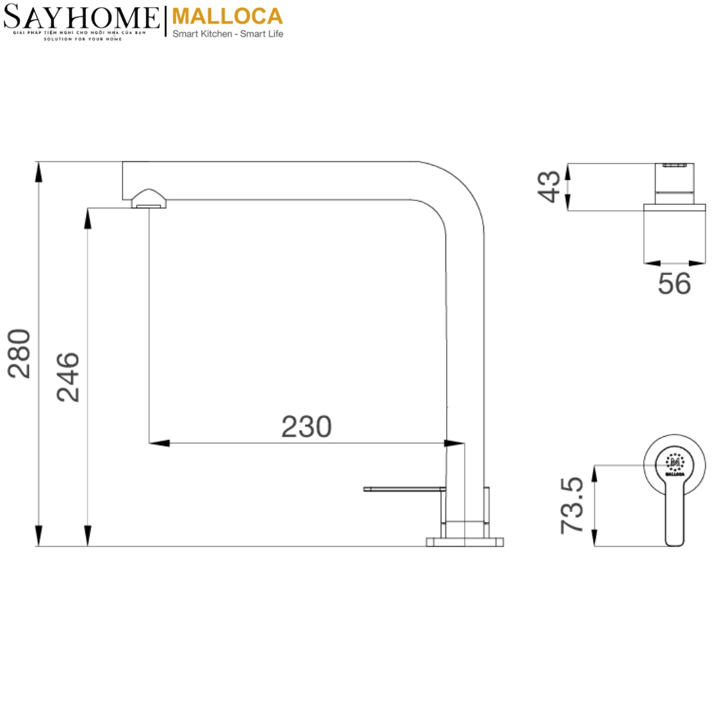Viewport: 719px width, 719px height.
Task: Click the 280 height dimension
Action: tap(20, 353)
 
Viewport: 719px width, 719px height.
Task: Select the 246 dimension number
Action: tap(69, 377)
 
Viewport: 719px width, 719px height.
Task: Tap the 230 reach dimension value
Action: tap(306, 427)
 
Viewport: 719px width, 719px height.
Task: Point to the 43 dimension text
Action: tap(551, 186)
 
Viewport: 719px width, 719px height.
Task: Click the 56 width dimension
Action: tap(674, 284)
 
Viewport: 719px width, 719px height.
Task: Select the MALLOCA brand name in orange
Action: tap(227, 16)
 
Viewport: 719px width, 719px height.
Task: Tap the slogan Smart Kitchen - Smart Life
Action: tap(228, 34)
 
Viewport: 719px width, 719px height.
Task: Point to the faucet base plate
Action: tap(464, 541)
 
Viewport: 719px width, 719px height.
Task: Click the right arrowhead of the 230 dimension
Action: tap(457, 443)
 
